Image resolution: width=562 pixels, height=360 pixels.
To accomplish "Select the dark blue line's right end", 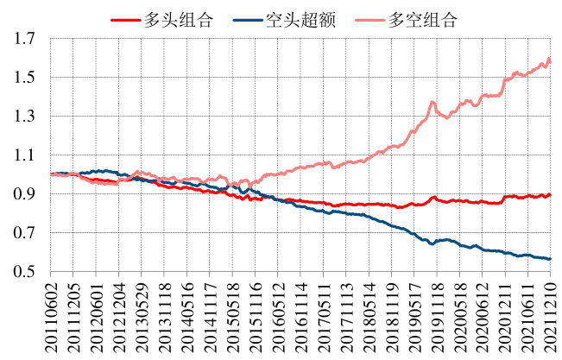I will (x=550, y=259).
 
